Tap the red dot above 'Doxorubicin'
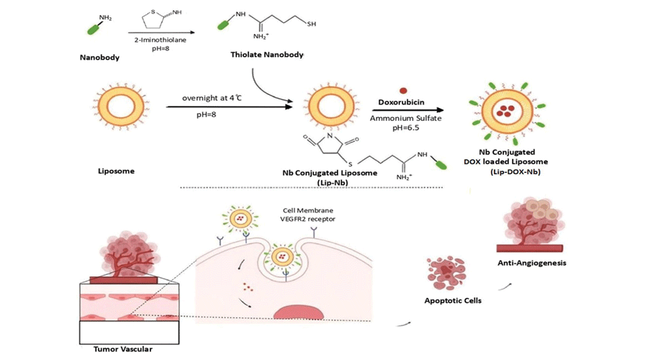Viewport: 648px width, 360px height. (402, 91)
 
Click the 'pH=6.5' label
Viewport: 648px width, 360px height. (402, 127)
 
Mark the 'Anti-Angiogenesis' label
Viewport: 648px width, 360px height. (532, 263)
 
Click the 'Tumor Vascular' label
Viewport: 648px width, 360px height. (123, 348)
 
